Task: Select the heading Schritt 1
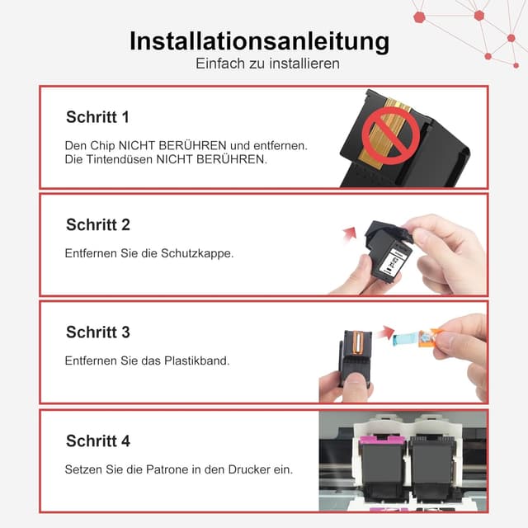click(x=97, y=117)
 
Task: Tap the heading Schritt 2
click(x=97, y=224)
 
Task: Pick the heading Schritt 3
click(x=97, y=332)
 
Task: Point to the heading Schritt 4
click(x=97, y=441)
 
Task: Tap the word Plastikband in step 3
click(x=195, y=361)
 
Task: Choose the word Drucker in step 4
click(x=247, y=469)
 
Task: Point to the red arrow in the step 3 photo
click(x=385, y=332)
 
